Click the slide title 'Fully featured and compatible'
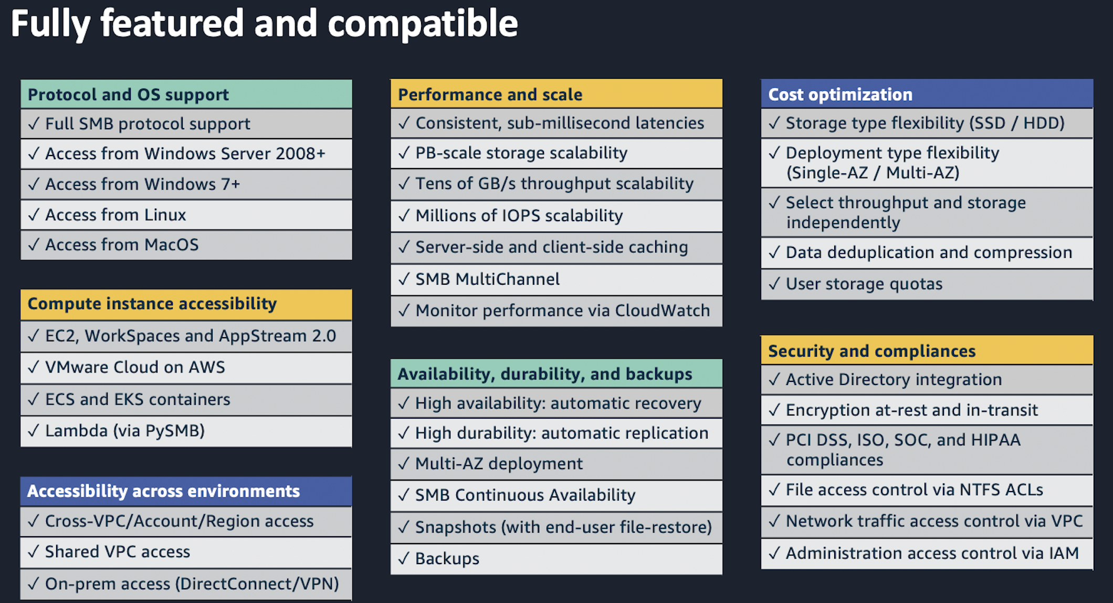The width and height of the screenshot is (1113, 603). [x=264, y=24]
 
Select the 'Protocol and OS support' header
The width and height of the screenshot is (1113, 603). [x=128, y=95]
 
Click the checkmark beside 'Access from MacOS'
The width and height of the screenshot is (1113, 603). [x=34, y=245]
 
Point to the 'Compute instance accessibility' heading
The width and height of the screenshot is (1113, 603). [x=152, y=304]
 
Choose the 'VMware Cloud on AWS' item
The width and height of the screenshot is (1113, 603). [x=135, y=367]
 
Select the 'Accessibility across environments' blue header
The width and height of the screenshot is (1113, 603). [x=163, y=491]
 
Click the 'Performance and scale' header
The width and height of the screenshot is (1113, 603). [x=490, y=95]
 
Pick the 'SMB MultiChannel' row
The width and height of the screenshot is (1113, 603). [x=487, y=279]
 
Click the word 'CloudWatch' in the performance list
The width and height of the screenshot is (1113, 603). [x=662, y=310]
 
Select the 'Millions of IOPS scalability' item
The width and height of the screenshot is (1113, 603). [x=519, y=215]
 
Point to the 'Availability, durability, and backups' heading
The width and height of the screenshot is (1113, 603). [x=545, y=374]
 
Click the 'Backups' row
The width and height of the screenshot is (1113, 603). [x=447, y=558]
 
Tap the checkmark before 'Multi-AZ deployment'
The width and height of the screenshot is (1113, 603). [x=404, y=464]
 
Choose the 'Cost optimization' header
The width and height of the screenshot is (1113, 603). [x=840, y=95]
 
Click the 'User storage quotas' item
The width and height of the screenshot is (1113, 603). [x=864, y=284]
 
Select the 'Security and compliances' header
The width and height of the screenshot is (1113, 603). [x=871, y=351]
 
